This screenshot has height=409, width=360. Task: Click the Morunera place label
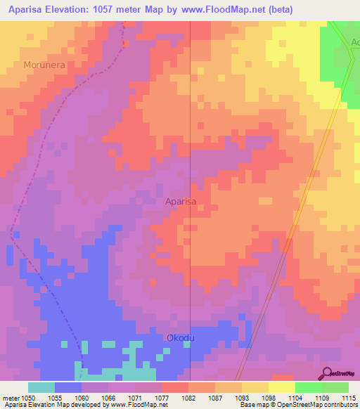[46, 65]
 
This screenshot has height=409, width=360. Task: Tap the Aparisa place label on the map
[181, 201]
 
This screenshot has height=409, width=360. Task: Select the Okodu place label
[180, 338]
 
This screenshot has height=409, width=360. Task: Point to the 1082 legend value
[188, 398]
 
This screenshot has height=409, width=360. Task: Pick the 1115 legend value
[348, 398]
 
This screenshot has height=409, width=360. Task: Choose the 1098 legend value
[269, 398]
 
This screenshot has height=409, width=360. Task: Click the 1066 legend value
[108, 398]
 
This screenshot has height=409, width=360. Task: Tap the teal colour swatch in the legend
[41, 387]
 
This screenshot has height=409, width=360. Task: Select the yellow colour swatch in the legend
[282, 387]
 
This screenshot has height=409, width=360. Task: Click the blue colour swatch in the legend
[68, 387]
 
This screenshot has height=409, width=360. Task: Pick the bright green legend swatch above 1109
[309, 387]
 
